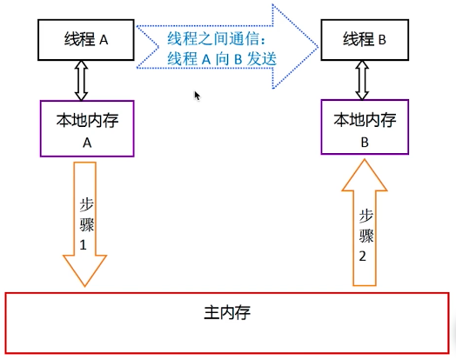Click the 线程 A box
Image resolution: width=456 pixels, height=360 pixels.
[x=84, y=39]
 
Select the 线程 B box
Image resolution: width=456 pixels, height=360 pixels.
[x=364, y=39]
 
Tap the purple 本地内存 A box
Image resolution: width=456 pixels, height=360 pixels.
[x=87, y=127]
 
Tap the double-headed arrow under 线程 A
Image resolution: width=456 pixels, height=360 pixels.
[x=83, y=80]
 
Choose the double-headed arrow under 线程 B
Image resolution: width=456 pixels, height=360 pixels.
[x=363, y=80]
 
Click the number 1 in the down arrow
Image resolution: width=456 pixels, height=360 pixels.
[x=84, y=245]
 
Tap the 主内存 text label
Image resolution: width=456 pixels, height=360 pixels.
[x=228, y=310]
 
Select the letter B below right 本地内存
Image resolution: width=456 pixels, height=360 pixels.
[x=365, y=139]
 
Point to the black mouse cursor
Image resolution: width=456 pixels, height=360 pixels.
[x=198, y=95]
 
